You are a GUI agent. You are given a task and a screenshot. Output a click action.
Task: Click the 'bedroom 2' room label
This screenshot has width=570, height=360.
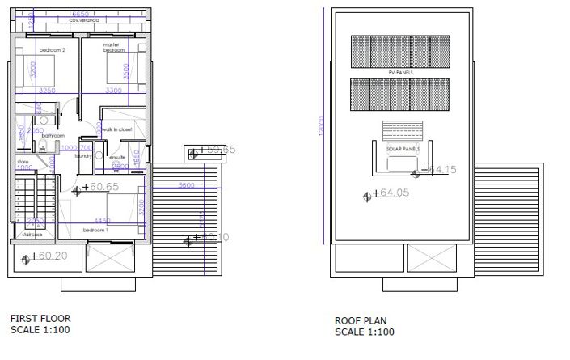(52, 49)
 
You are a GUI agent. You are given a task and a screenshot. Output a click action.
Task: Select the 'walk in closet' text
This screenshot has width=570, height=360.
(118, 129)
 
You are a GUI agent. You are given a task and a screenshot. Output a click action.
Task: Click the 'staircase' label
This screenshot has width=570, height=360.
(32, 235)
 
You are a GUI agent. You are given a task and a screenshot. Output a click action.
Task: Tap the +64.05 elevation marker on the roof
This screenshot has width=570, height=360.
(395, 193)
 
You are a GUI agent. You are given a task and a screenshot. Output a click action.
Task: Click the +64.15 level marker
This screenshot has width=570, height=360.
(441, 170)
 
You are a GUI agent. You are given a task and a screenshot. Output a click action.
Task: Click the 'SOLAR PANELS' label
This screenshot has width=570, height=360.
(402, 150)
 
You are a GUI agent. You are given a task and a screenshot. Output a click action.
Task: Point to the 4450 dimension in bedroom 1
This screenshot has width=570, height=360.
(101, 219)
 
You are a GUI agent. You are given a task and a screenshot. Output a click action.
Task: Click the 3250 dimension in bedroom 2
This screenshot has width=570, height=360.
(48, 91)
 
